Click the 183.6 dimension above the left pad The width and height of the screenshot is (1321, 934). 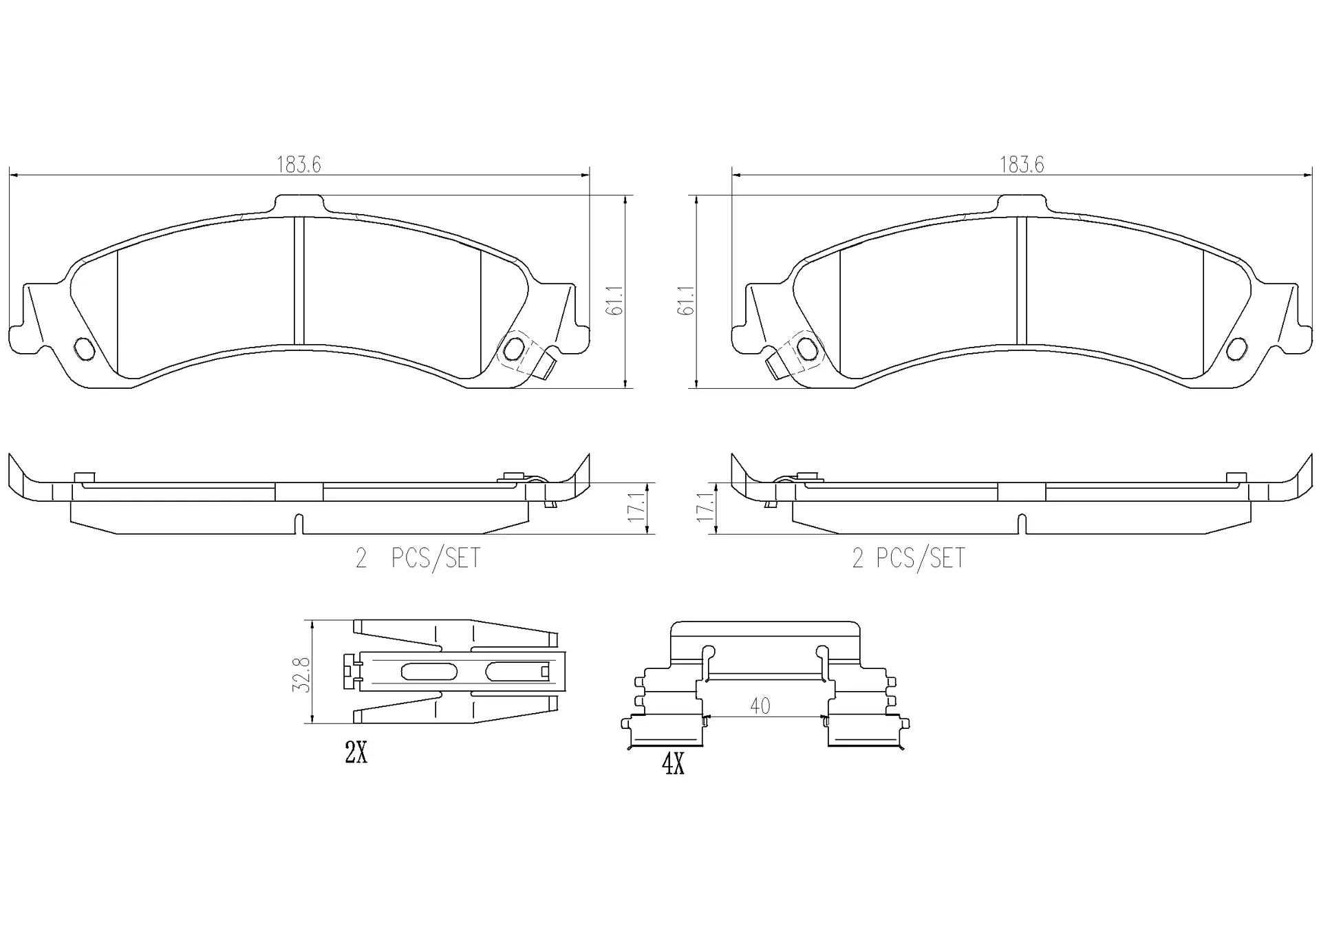coord(299,165)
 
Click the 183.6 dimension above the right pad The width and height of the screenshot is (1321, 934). coord(1021,165)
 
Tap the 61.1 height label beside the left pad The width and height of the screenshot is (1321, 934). coord(614,301)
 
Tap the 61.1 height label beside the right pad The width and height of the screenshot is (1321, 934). coord(685,301)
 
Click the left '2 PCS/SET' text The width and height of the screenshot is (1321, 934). coord(418,558)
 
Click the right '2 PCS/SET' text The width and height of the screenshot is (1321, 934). coord(908,558)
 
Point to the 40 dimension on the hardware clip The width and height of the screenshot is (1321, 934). coord(760,706)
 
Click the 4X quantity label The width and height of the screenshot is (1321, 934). coord(673,765)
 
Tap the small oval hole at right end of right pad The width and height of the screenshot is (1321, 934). coord(1236,349)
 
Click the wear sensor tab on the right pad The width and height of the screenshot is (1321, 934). coord(775,364)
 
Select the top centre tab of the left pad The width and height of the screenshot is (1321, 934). coord(299,204)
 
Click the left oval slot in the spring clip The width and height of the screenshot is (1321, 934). coord(428,671)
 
